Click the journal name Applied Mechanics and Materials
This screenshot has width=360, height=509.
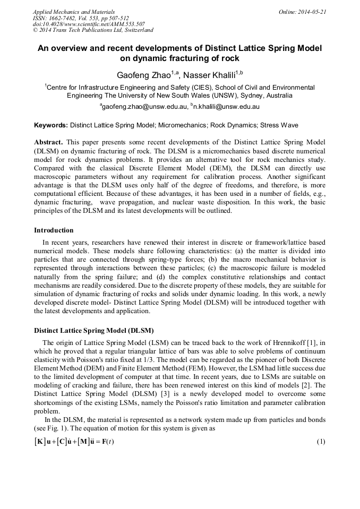[x=73, y=11]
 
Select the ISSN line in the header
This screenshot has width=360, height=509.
[x=81, y=18]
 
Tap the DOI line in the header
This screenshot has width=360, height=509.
[x=89, y=24]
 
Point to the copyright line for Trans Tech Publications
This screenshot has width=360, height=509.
[x=93, y=30]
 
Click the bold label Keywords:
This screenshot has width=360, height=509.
[x=51, y=126]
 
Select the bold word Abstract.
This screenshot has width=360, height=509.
[x=48, y=143]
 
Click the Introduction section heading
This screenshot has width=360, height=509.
[x=54, y=230]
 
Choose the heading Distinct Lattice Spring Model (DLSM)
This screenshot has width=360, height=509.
[x=94, y=330]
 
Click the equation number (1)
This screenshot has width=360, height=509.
[x=320, y=442]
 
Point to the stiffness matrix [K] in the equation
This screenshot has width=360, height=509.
[x=40, y=442]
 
